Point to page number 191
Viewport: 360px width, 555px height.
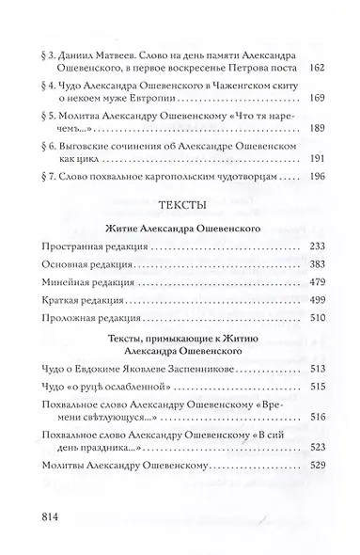[318, 184]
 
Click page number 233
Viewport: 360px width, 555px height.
[318, 272]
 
